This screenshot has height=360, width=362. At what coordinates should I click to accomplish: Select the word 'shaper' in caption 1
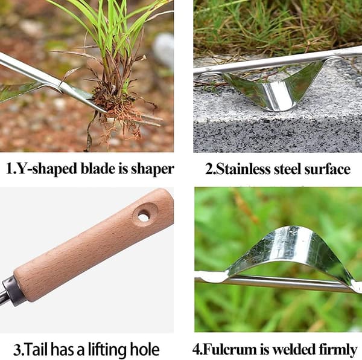click(153, 169)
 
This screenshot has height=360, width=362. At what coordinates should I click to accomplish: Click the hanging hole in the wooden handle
click(143, 217)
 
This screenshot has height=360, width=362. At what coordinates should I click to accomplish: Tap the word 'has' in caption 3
click(63, 349)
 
